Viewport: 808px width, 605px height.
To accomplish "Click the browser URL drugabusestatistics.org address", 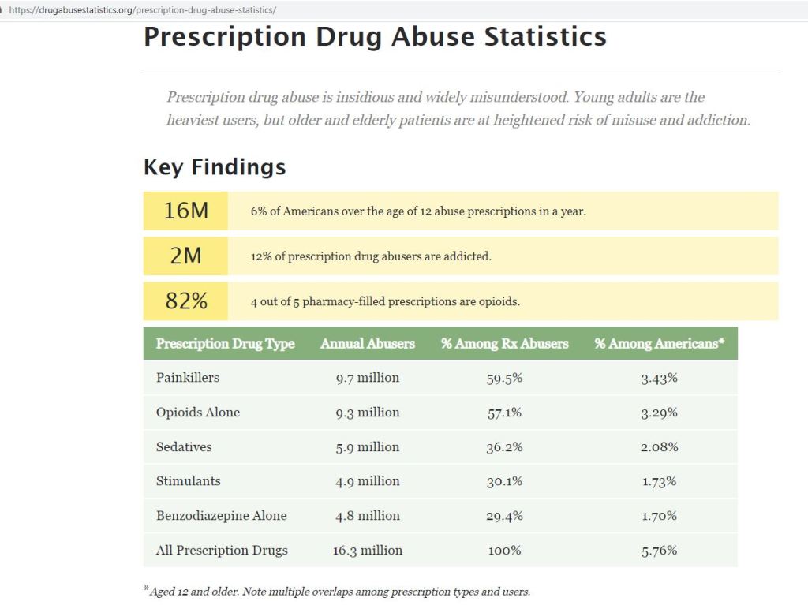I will coord(142,10).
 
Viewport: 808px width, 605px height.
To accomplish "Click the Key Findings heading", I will coord(214,167).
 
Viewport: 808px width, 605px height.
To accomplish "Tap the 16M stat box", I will coord(185,211).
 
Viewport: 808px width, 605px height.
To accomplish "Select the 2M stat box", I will coord(185,256).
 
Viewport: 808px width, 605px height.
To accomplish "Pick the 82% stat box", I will coord(185,301).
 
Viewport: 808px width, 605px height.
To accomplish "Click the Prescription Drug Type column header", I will coord(225,344).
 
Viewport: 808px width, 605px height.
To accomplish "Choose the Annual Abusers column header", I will coord(367,344).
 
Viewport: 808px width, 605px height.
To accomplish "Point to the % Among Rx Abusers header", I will coord(504,344).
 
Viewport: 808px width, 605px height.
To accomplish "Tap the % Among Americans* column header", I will coord(659,344).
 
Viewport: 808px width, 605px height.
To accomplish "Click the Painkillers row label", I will coord(188,378).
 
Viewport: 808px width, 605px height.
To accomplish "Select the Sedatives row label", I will coord(184,446).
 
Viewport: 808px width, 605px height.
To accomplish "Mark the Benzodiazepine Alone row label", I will coord(221,516).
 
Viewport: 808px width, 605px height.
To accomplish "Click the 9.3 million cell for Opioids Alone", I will coord(367,413).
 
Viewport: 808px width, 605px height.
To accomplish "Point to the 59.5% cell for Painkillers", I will coord(504,378).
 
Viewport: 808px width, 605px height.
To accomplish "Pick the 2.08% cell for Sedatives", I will coord(659,446).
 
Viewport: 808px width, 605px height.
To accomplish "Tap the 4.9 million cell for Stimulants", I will coord(367,481).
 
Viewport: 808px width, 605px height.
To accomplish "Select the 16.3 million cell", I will coord(367,551).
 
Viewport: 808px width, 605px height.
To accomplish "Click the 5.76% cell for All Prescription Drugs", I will coord(659,551).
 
